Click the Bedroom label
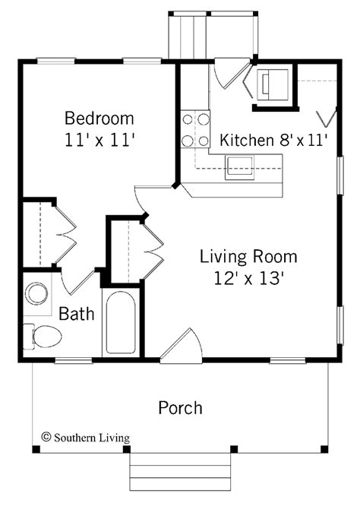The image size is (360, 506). (x=99, y=119)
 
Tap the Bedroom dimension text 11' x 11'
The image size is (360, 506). (x=99, y=141)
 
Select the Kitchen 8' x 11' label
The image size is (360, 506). (x=274, y=140)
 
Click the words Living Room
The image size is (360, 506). (x=248, y=257)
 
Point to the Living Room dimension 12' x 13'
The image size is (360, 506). (x=248, y=278)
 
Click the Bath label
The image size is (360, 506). (x=77, y=314)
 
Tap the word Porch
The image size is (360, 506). (x=180, y=408)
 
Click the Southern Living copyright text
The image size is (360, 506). (x=86, y=438)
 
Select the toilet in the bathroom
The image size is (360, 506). (x=43, y=337)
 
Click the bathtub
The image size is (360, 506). (x=121, y=323)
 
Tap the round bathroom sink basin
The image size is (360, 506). (x=36, y=294)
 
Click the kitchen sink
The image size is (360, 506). (x=239, y=167)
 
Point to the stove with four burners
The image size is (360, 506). (x=195, y=129)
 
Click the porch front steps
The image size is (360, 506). (x=180, y=472)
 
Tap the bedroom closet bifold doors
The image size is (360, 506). (x=66, y=235)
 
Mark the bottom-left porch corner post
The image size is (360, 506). (x=36, y=449)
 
